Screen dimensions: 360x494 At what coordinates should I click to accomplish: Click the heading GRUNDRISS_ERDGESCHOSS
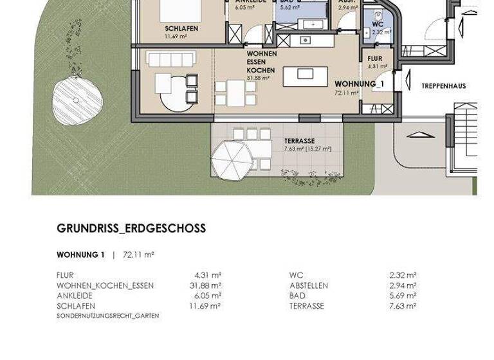pyautogui.click(x=131, y=228)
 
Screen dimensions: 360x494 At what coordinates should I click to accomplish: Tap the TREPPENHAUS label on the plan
pyautogui.click(x=443, y=85)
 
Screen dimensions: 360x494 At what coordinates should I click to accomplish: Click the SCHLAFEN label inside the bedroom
pyautogui.click(x=181, y=29)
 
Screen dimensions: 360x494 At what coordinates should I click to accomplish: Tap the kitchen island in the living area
pyautogui.click(x=306, y=75)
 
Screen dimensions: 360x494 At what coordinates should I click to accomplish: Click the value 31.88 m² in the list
pyautogui.click(x=208, y=285)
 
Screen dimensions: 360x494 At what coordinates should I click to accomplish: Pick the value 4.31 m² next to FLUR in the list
pyautogui.click(x=210, y=275)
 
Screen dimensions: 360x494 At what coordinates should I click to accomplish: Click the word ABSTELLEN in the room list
pyautogui.click(x=309, y=285)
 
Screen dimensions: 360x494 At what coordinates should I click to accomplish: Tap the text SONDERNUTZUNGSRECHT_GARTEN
pyautogui.click(x=107, y=316)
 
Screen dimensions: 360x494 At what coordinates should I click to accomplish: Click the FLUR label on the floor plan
pyautogui.click(x=375, y=58)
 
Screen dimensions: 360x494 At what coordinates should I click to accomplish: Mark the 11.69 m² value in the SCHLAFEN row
pyautogui.click(x=208, y=306)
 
